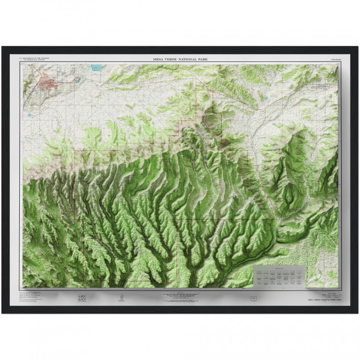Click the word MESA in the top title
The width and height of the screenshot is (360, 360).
(x=159, y=59)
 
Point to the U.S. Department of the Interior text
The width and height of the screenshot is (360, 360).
(x=32, y=57)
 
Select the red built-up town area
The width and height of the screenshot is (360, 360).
(x=47, y=84)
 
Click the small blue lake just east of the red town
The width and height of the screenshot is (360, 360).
(x=79, y=80)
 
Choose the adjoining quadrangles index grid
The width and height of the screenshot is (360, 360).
(x=82, y=298)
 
